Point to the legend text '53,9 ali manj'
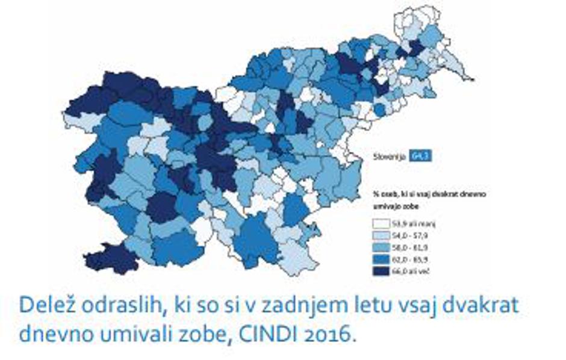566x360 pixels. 415,224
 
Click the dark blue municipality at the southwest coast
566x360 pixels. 111,259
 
